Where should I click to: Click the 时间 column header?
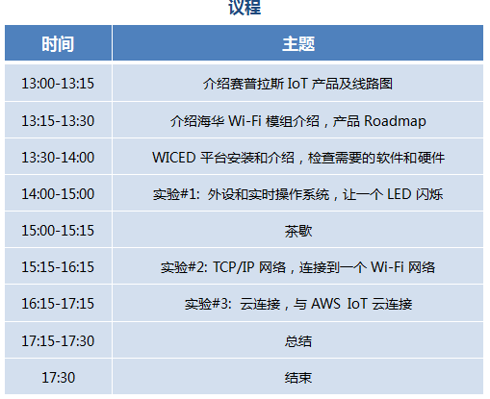(58, 44)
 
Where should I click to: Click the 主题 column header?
(298, 44)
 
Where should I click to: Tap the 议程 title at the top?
(245, 7)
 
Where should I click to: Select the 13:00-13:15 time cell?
(58, 84)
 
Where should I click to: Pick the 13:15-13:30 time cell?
(58, 121)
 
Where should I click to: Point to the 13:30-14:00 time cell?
(58, 158)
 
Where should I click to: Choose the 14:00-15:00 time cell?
(58, 194)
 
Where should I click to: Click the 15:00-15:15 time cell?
(58, 231)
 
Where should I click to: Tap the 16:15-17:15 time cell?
(58, 304)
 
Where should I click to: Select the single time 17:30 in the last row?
(58, 377)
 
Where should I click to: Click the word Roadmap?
(395, 121)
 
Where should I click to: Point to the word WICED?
(173, 158)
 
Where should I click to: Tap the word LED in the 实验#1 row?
(399, 194)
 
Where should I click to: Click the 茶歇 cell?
(298, 231)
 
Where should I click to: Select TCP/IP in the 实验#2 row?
(234, 267)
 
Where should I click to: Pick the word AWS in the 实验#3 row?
(325, 304)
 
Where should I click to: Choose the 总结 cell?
(298, 341)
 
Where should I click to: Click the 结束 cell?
(298, 378)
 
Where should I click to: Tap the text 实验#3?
(208, 304)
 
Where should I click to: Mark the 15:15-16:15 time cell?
(58, 267)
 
